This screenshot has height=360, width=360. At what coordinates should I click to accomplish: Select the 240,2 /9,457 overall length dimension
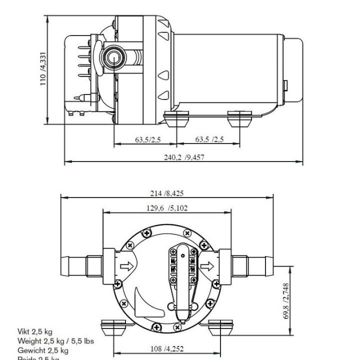pos(184,157)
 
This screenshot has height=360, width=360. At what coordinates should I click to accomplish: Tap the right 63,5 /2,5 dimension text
pos(209,139)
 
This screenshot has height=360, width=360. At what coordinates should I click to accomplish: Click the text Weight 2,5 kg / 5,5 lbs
pos(55,341)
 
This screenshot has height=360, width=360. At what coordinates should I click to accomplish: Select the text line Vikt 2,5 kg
pos(35,332)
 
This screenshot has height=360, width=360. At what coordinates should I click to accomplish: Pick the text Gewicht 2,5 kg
pos(42,350)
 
